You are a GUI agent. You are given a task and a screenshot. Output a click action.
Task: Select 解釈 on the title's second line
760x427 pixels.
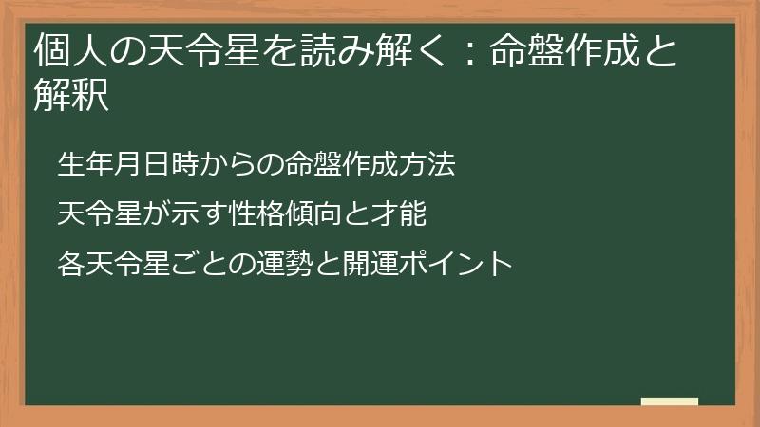pos(71,96)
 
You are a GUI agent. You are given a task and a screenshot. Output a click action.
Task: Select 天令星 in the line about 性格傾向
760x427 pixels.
pos(97,213)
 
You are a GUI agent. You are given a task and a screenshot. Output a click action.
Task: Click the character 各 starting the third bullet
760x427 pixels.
pos(70,262)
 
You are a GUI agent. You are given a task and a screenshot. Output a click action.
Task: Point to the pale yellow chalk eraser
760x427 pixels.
pos(670,401)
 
